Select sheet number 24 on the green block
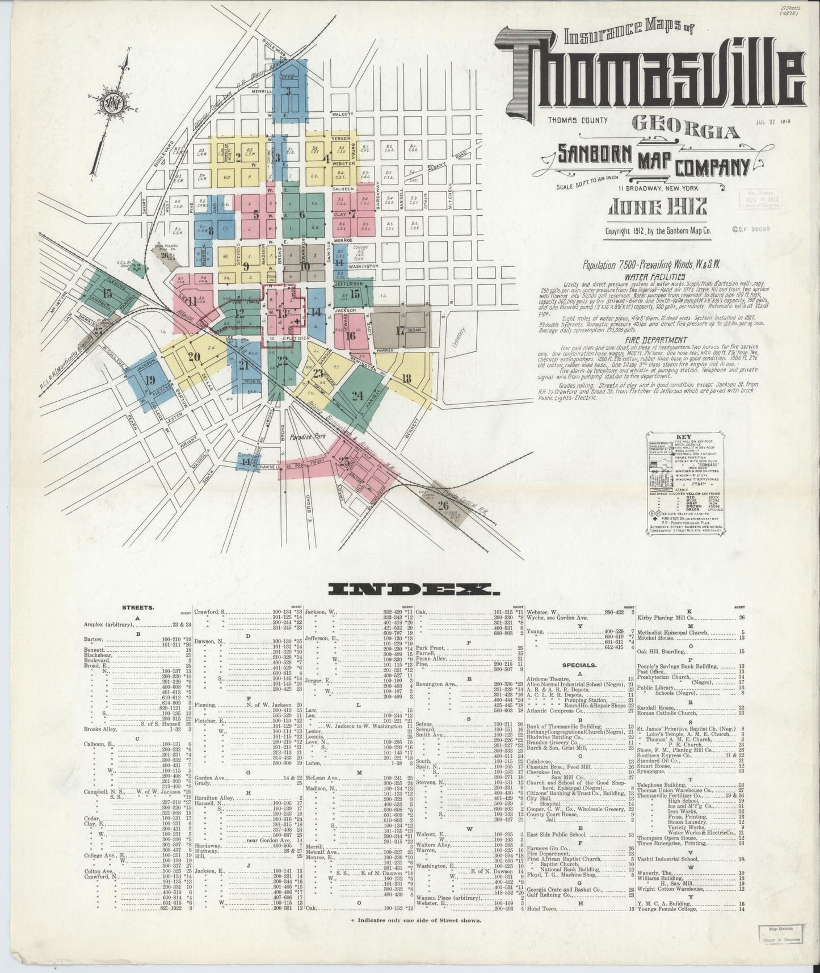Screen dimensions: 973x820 (356, 396)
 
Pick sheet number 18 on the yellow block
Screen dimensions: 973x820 (406, 379)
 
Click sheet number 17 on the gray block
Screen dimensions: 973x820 (400, 330)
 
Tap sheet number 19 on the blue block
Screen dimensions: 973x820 (149, 380)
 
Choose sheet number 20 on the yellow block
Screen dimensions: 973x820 (194, 357)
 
